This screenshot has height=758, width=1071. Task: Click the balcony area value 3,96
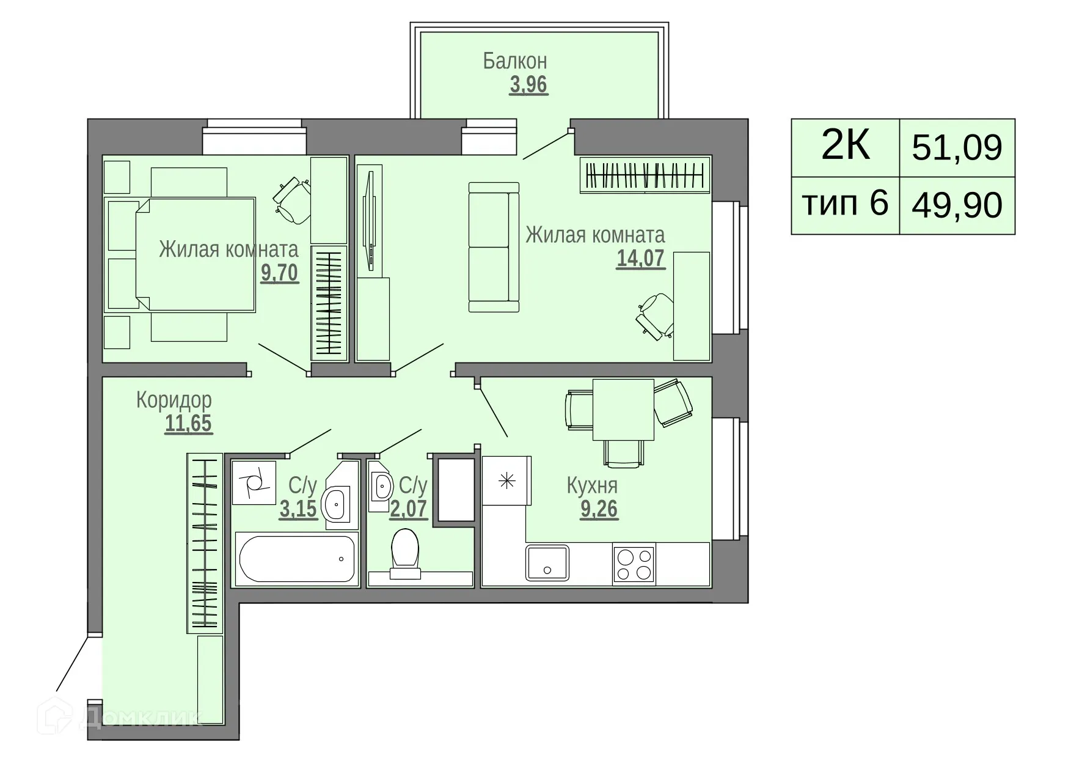pos(528,84)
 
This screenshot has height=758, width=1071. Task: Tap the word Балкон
pos(514,61)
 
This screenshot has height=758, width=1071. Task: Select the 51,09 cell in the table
pos(957,148)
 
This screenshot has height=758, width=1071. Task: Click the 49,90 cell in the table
pos(957,205)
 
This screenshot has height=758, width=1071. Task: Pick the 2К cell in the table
pos(845,147)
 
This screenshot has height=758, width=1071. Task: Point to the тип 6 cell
pos(845,204)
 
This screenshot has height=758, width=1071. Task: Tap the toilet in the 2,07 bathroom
pos(405,552)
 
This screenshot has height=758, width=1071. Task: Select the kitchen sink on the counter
pos(547,563)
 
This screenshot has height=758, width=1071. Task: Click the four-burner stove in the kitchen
pos(634,564)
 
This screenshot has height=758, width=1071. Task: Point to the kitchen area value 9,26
pos(599,509)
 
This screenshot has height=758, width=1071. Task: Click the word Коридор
pos(174,400)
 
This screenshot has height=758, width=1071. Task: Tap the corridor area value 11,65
pos(188,423)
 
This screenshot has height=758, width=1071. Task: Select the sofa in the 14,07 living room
pos(494,247)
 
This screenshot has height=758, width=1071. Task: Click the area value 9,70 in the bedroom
pos(279,273)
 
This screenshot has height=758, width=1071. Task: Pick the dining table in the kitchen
pos(623,409)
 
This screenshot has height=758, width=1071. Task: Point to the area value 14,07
pos(640,259)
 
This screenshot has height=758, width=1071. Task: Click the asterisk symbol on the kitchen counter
pos(506,481)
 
